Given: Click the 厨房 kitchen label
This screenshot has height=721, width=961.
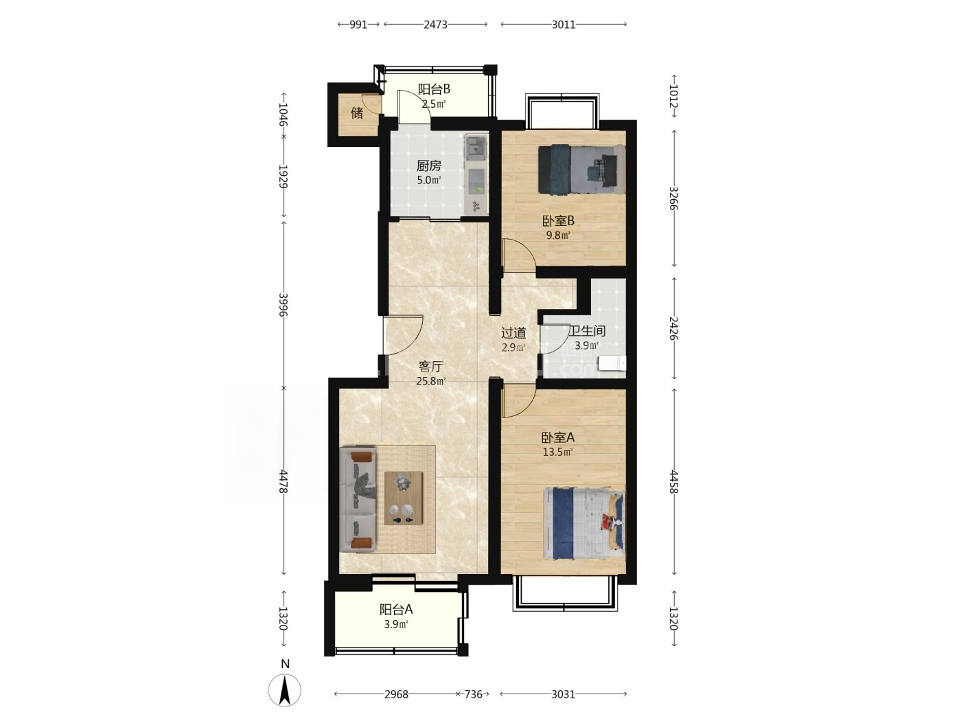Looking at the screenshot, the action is click(x=428, y=166).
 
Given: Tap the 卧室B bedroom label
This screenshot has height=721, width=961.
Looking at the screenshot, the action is click(x=558, y=221).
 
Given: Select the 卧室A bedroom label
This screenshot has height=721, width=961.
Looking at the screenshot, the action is click(x=558, y=437).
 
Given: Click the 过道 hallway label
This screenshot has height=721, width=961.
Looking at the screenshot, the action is click(x=513, y=333).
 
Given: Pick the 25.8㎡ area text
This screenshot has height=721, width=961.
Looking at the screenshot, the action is click(x=431, y=381).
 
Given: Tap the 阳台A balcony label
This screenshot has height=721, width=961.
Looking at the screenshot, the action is click(x=396, y=609).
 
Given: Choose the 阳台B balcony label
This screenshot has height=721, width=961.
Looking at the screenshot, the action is click(x=434, y=89).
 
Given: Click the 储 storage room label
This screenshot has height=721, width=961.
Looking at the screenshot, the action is click(x=357, y=113).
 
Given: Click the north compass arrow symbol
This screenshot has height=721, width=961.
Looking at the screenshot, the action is click(x=285, y=690).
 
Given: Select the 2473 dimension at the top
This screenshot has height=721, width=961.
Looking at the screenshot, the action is click(x=435, y=25).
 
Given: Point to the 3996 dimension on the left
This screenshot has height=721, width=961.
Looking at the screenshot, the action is click(x=283, y=305).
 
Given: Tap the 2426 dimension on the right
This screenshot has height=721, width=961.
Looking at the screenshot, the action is click(x=673, y=328).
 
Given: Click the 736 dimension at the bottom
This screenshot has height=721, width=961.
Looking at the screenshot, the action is click(x=473, y=694).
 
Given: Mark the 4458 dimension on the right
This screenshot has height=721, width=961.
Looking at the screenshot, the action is click(x=673, y=482).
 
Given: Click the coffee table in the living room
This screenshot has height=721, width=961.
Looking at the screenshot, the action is click(x=403, y=498).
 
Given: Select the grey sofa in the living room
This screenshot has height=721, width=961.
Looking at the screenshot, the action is click(x=358, y=499).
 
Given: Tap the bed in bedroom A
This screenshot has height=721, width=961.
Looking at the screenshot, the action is click(x=584, y=523).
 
